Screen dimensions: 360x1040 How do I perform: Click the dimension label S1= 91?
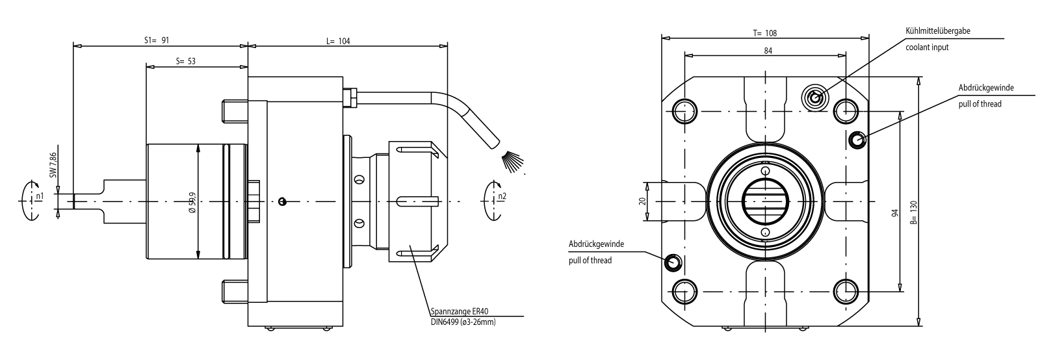[x=156, y=40]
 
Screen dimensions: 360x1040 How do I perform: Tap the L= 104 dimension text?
[x=338, y=40]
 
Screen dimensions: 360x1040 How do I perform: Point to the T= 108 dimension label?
[x=764, y=32]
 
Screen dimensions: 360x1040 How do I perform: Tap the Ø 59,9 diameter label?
[x=192, y=201]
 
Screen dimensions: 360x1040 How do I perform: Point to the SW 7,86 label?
[x=54, y=164]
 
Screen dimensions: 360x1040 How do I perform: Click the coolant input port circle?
[x=814, y=98]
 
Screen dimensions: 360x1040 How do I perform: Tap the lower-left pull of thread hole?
[x=673, y=263]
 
